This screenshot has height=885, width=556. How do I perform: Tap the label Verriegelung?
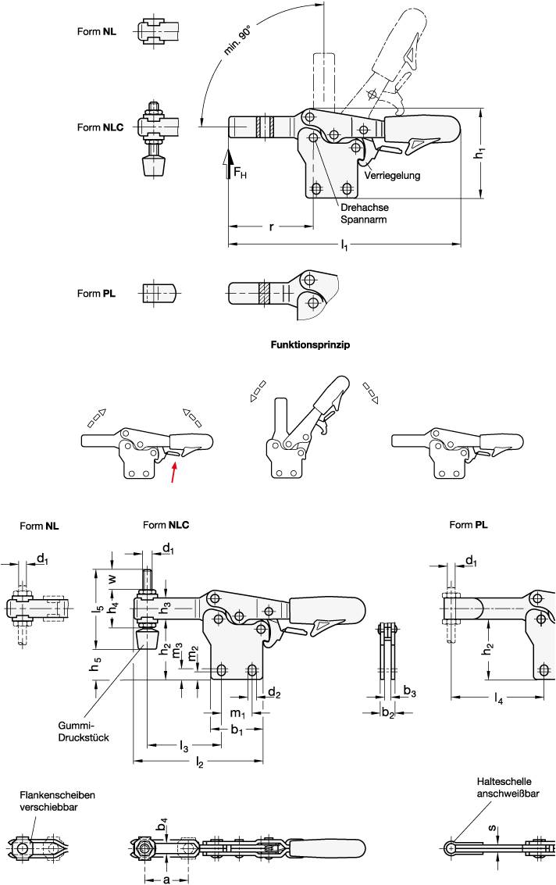coord(392,176)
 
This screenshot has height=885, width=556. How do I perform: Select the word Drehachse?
coord(365,208)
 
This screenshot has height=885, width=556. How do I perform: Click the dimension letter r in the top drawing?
coord(271,227)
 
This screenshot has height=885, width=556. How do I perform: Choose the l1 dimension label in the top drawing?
coord(344,246)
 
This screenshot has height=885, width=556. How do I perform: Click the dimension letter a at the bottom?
coord(166,879)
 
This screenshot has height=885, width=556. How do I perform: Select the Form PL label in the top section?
coord(98,294)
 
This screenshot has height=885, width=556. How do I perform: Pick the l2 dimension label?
coord(201,761)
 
